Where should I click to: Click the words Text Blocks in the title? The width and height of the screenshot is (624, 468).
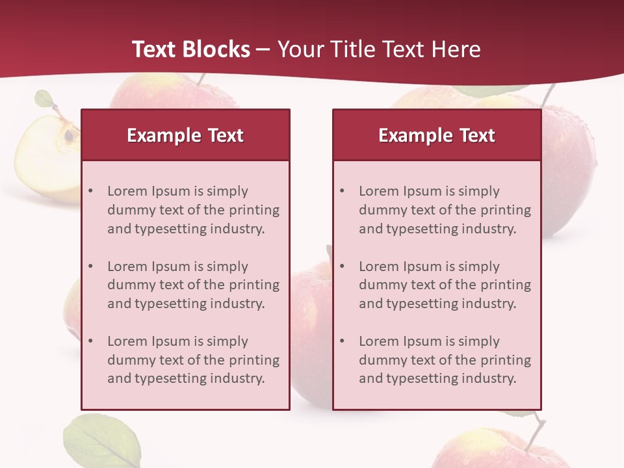coord(191,49)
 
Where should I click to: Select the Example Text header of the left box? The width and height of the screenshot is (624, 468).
coord(185,135)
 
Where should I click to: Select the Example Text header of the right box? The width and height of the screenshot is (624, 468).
coord(437,135)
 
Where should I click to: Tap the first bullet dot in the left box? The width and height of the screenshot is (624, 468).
coord(91,191)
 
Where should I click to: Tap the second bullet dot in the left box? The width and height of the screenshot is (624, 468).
coord(91,266)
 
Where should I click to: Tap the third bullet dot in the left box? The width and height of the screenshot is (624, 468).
coord(91,341)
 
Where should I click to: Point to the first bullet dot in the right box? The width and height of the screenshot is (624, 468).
coord(343,191)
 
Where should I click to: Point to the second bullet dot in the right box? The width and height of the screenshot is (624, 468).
coord(343,266)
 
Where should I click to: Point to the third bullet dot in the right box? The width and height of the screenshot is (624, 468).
coord(343,341)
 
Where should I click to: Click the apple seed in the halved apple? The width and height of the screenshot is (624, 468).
coord(68,136)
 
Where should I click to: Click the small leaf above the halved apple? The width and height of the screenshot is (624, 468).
coord(44,99)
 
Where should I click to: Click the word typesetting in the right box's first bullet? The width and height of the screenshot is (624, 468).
coord(421,229)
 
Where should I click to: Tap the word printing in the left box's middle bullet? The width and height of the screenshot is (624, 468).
coord(254,285)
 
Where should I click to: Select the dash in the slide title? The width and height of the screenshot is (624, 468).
coord(264,49)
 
